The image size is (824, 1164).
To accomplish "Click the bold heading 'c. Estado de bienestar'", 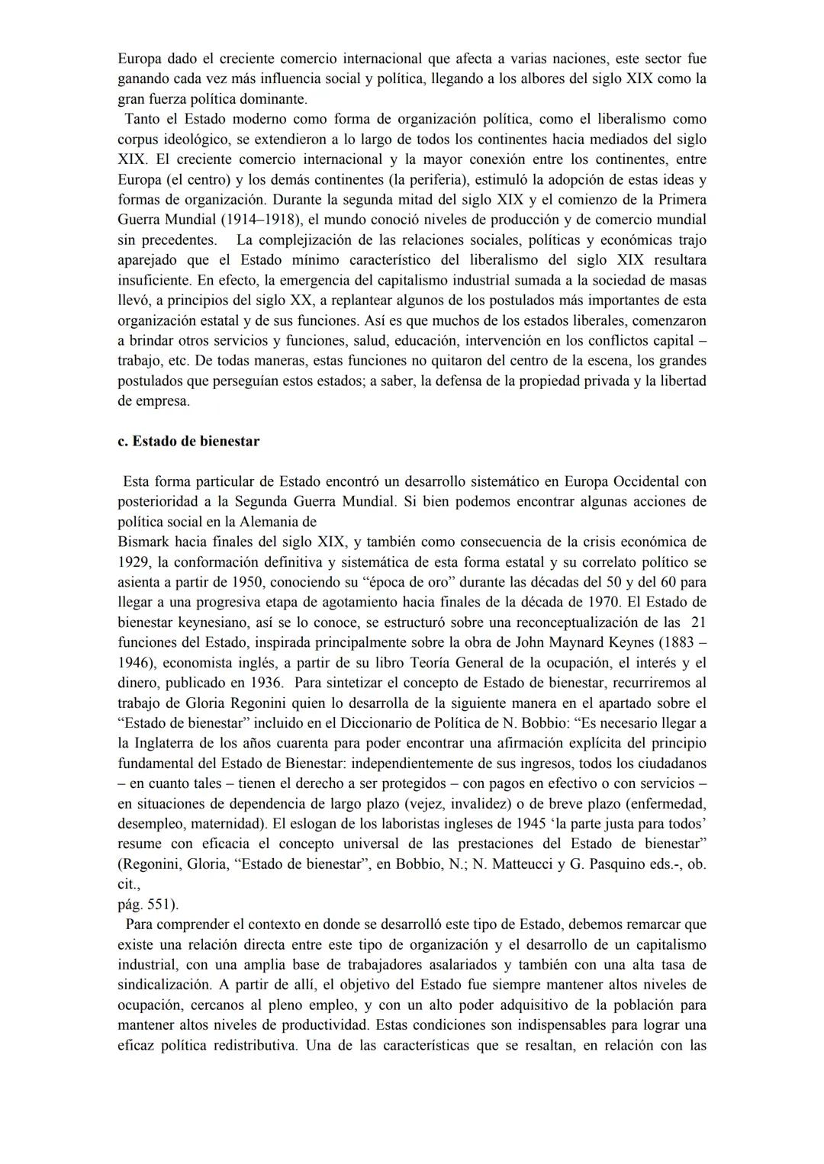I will pos(188,441).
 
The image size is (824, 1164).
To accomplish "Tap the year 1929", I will pos(134,561).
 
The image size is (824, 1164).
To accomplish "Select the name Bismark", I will pos(143,542).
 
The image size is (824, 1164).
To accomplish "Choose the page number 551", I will pos(159,904).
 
